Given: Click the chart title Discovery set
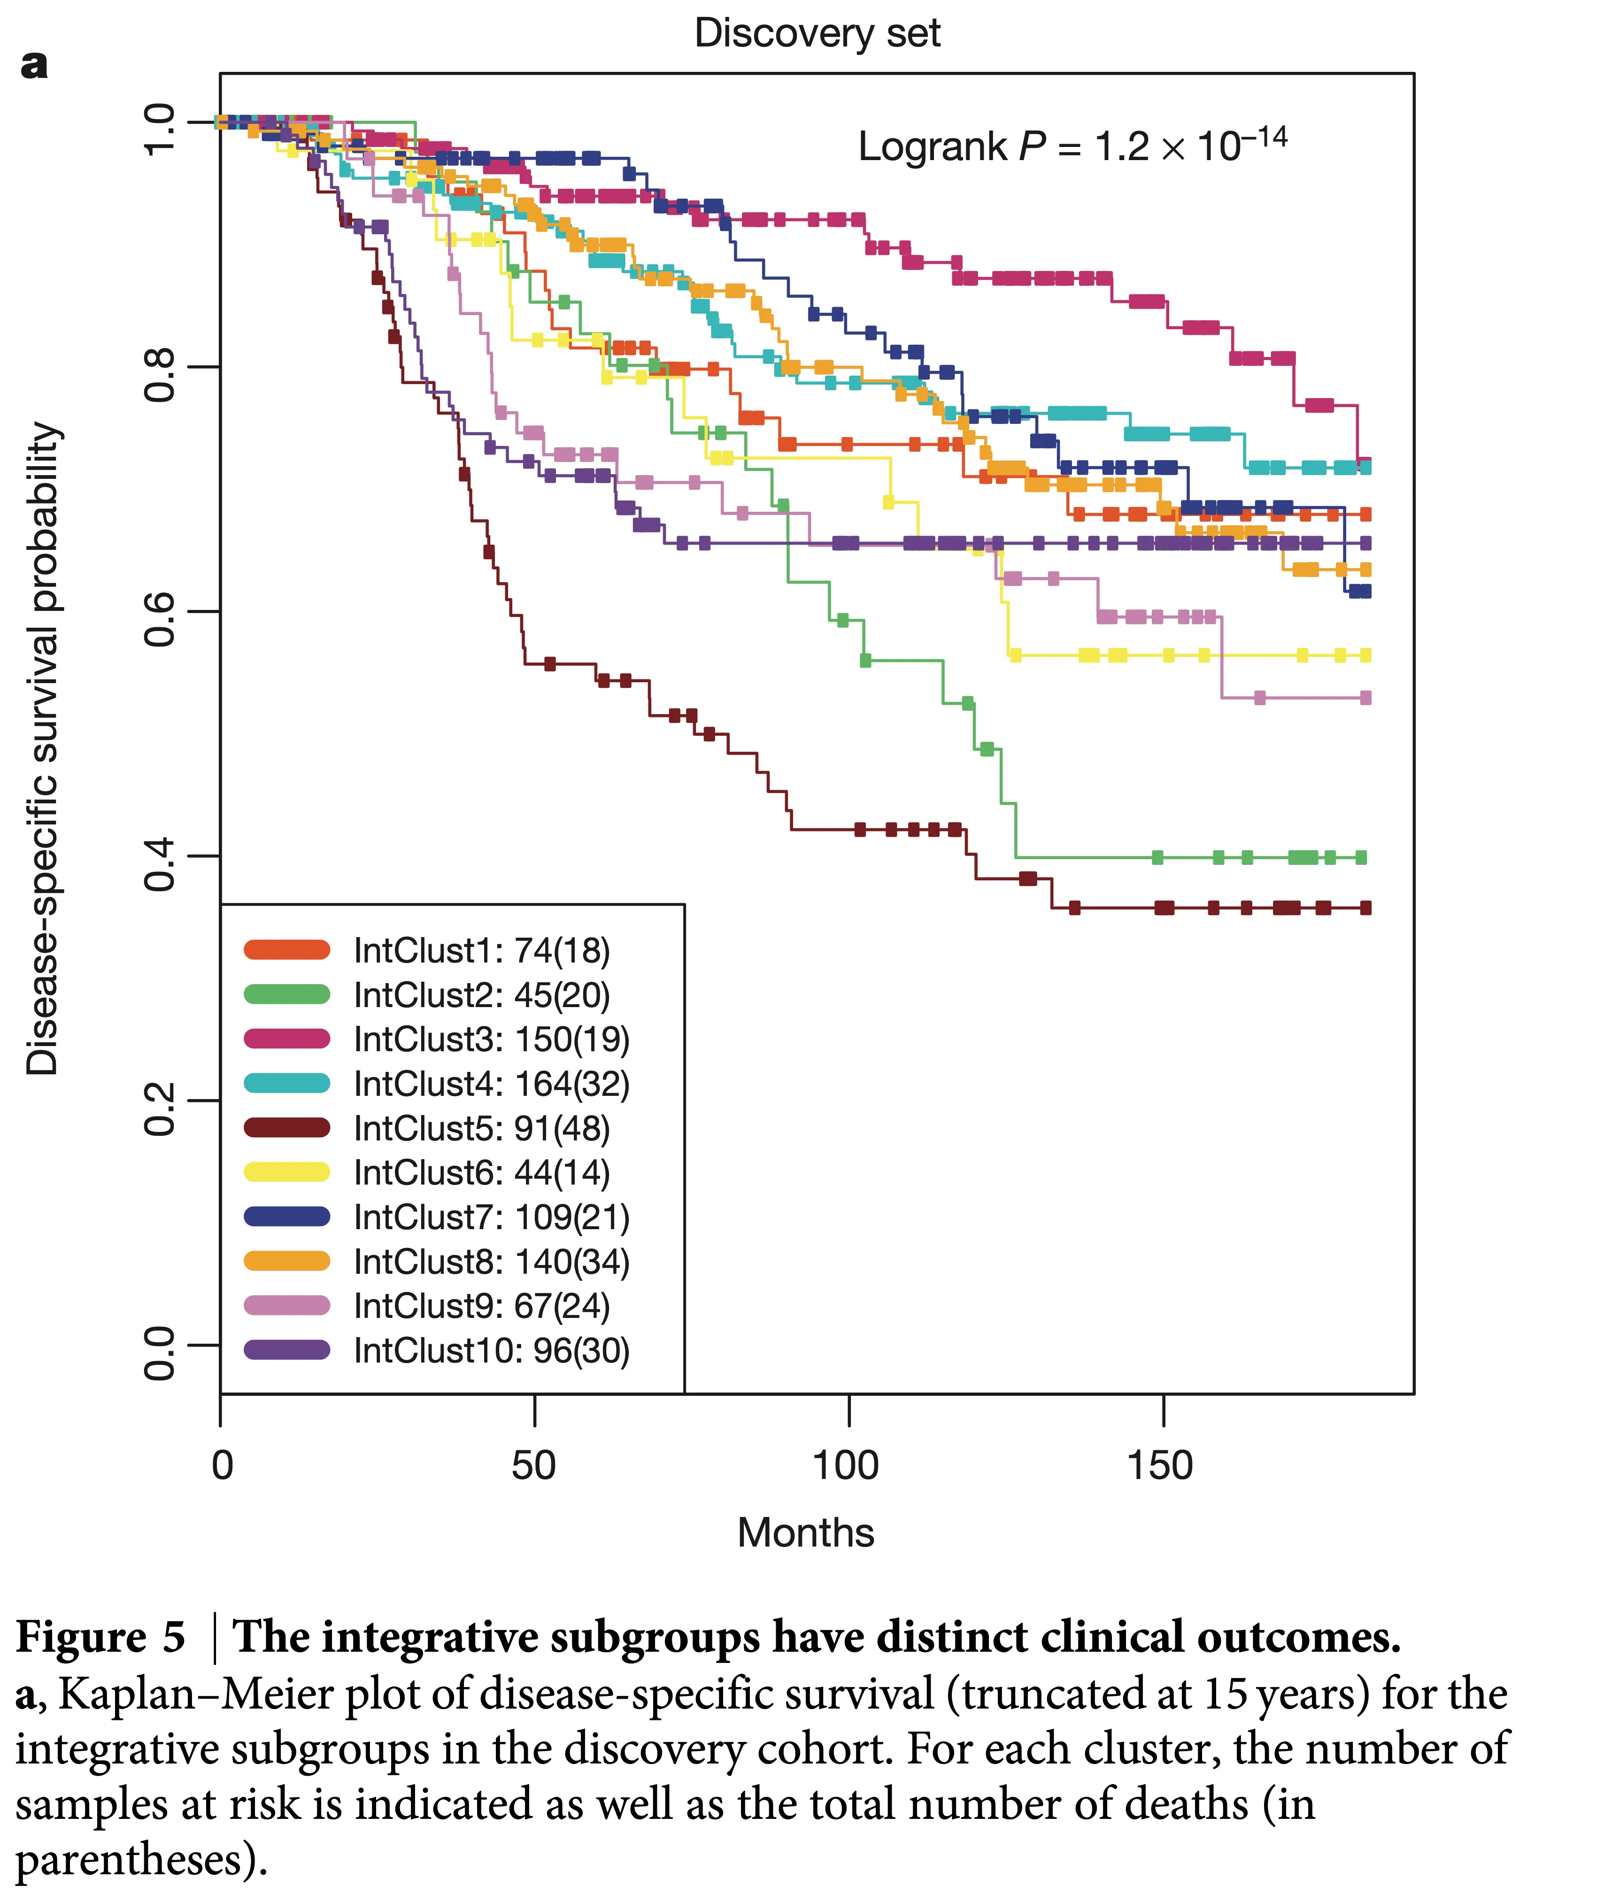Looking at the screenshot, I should click(x=817, y=34).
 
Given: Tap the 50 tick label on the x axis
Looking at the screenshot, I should click(x=534, y=1466).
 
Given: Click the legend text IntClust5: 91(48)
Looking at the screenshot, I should click(x=481, y=1128).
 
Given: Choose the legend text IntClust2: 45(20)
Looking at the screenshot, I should click(x=481, y=995).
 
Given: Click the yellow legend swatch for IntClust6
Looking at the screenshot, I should click(x=286, y=1172).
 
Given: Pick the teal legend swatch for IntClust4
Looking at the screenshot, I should click(x=286, y=1083).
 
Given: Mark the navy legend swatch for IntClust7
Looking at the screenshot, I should click(x=286, y=1216).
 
